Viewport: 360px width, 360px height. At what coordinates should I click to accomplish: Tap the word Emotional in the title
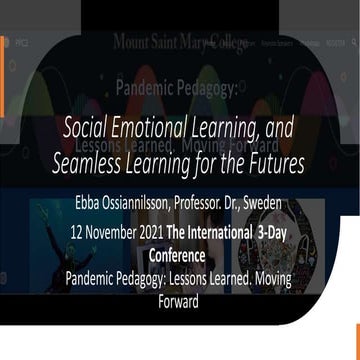151,129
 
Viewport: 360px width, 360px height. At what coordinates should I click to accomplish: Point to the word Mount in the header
134,44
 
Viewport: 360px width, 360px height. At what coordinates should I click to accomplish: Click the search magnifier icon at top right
354,43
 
